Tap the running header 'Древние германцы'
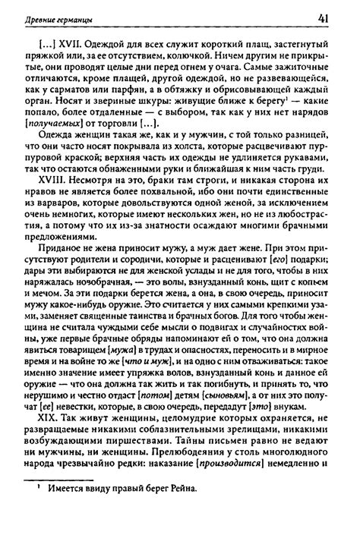[55, 18]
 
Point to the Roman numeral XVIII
[60, 199]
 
